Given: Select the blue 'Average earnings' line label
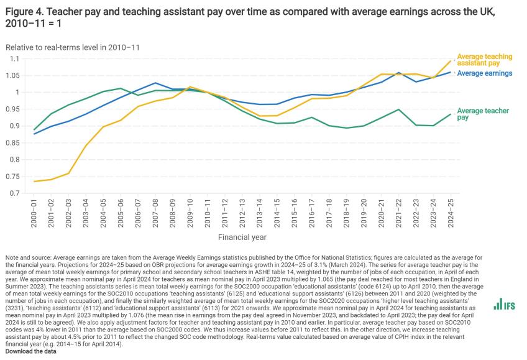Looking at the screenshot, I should pos(484,73).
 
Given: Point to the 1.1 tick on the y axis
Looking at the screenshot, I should pos(16,59).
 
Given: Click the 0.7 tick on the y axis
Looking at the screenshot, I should pos(16,193).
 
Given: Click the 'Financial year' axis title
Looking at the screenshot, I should pos(242,237).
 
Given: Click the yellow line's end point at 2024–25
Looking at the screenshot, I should pos(451,60).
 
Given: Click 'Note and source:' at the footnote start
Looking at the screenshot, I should pos(25,256).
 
